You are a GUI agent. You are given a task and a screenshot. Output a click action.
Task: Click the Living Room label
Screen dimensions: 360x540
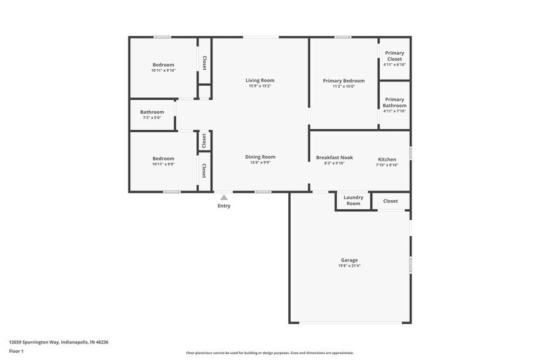pyautogui.click(x=260, y=80)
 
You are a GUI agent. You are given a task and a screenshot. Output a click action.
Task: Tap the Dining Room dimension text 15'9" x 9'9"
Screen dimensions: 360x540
pyautogui.click(x=260, y=163)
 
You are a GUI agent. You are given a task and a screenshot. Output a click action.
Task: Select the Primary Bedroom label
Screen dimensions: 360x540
pyautogui.click(x=343, y=81)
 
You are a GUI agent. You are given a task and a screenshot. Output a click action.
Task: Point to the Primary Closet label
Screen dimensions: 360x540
pyautogui.click(x=394, y=56)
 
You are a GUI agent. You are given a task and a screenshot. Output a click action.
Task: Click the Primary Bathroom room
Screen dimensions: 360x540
pyautogui.click(x=394, y=105)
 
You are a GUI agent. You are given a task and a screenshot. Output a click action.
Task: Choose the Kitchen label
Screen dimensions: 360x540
pyautogui.click(x=387, y=159)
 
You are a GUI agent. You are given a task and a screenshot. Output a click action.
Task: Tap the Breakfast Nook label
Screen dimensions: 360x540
pyautogui.click(x=334, y=157)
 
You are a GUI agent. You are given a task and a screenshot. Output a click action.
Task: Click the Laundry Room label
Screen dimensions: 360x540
pyautogui.click(x=353, y=200)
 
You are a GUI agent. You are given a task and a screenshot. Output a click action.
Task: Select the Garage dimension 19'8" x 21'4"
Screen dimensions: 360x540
pyautogui.click(x=350, y=266)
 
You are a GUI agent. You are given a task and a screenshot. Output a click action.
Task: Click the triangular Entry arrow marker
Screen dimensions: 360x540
pyautogui.click(x=224, y=197)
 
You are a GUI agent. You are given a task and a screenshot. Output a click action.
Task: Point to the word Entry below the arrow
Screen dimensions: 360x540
pyautogui.click(x=224, y=206)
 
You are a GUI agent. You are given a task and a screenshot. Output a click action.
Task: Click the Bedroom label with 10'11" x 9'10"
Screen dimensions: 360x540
pyautogui.click(x=163, y=65)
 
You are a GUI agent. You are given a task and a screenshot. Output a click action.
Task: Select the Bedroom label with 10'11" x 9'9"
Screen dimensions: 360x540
pyautogui.click(x=163, y=159)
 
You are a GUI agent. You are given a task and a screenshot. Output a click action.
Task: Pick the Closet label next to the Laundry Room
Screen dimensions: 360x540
pyautogui.click(x=391, y=201)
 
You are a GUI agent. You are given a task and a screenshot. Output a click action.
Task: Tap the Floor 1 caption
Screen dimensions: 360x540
pyautogui.click(x=17, y=351)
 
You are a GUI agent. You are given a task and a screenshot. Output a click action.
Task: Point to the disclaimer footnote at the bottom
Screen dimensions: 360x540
pyautogui.click(x=270, y=353)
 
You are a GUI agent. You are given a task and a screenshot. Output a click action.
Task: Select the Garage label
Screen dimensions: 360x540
pyautogui.click(x=350, y=260)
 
